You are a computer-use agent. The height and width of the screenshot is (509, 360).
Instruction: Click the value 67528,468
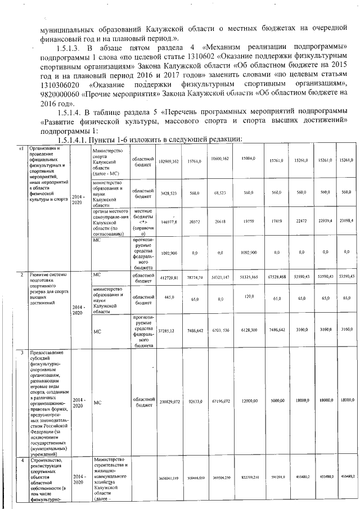[278, 277]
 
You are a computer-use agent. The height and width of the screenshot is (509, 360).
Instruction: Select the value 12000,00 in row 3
[248, 402]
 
